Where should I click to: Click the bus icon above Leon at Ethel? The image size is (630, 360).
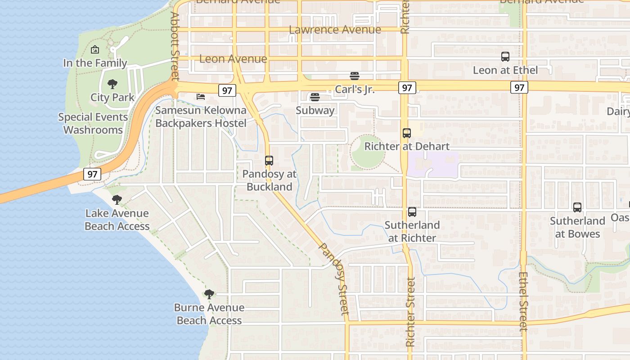click(x=505, y=57)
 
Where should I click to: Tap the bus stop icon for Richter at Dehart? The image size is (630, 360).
click(x=407, y=133)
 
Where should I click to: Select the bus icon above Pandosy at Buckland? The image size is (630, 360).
click(x=269, y=161)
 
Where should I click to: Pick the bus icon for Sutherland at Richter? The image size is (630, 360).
click(x=412, y=212)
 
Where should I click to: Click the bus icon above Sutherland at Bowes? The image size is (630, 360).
click(x=577, y=207)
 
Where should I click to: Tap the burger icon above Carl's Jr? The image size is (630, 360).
click(x=355, y=76)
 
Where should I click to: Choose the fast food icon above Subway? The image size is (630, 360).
click(x=315, y=97)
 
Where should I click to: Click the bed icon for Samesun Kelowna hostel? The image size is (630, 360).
click(x=201, y=96)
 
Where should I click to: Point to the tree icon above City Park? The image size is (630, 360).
click(x=112, y=84)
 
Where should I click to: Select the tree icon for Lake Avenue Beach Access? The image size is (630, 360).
click(x=117, y=199)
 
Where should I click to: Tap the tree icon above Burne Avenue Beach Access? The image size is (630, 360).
click(x=209, y=294)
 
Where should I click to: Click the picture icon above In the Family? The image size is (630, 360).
click(x=95, y=49)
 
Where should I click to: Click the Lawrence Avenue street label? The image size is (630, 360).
click(x=335, y=30)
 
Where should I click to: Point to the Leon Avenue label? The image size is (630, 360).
click(x=233, y=59)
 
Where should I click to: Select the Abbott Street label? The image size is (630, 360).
click(x=175, y=46)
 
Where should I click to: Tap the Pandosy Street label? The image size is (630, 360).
click(x=334, y=279)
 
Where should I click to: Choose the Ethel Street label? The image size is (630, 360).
click(x=523, y=301)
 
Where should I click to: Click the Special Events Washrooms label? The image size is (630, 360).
click(x=93, y=123)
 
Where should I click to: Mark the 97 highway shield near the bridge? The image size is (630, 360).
click(x=92, y=174)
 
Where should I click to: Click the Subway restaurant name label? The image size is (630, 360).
click(x=315, y=111)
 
